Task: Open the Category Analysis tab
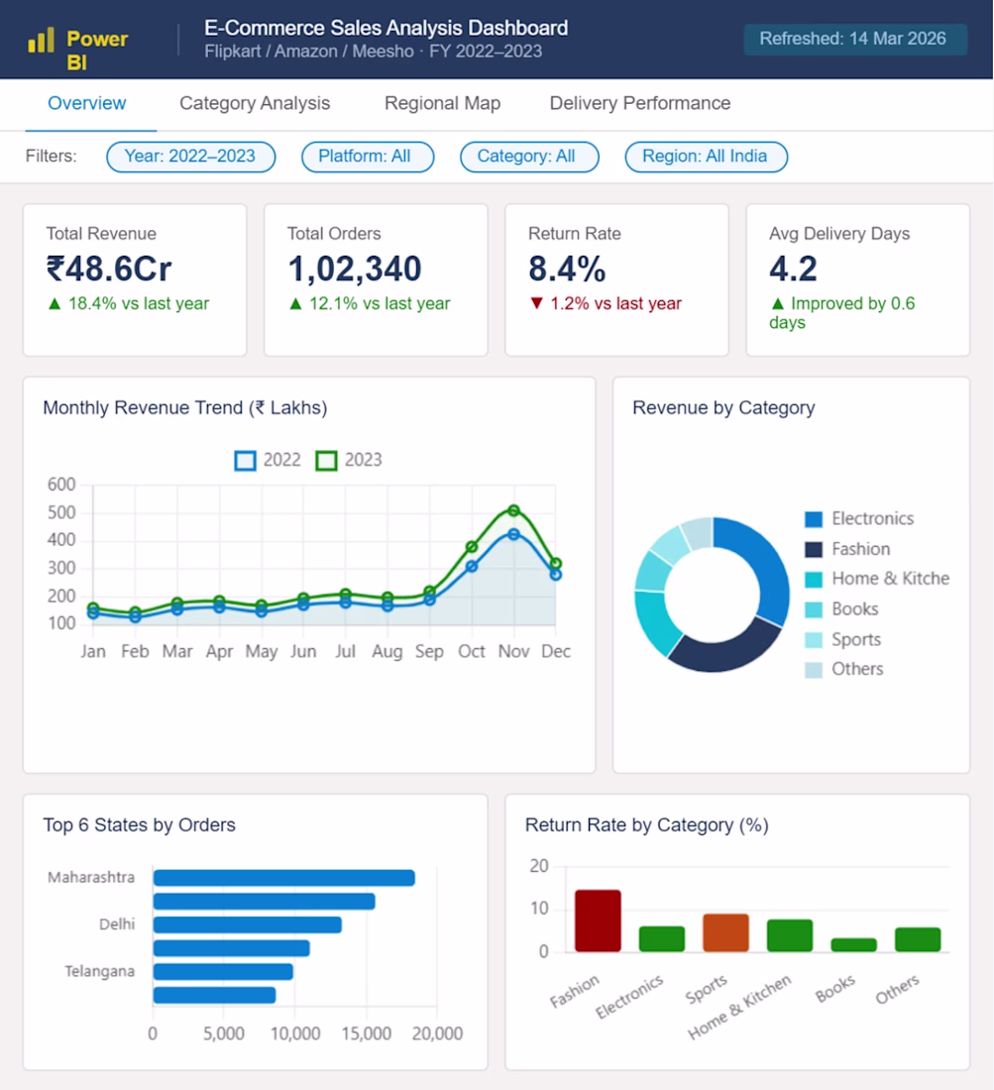tap(255, 104)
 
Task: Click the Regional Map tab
tap(442, 104)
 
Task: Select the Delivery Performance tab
tap(639, 104)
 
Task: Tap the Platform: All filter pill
tap(367, 157)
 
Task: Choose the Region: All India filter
tap(706, 157)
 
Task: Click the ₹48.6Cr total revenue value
tap(109, 269)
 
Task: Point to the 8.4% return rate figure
tap(567, 269)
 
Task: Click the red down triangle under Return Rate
tap(536, 304)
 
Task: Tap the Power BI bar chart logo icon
tap(41, 41)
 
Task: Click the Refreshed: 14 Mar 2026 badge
tap(854, 39)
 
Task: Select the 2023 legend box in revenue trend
tap(326, 461)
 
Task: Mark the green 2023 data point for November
tap(513, 511)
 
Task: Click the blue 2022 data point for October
tap(472, 567)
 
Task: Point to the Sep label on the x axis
tap(429, 651)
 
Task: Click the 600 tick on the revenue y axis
tap(61, 485)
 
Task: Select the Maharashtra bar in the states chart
tap(283, 878)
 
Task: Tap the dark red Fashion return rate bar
tap(598, 921)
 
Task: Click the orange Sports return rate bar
tap(725, 932)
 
